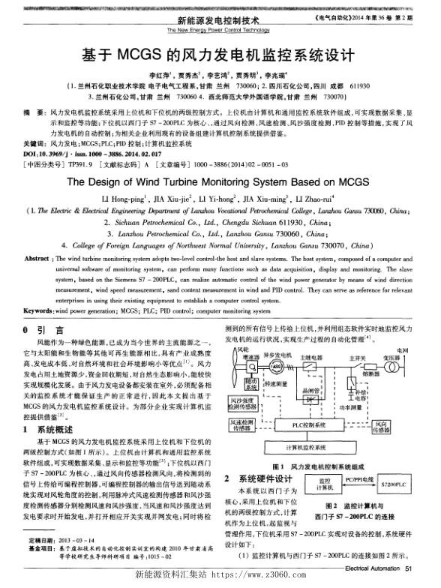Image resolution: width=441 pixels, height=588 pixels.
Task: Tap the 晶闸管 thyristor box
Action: (x=308, y=396)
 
